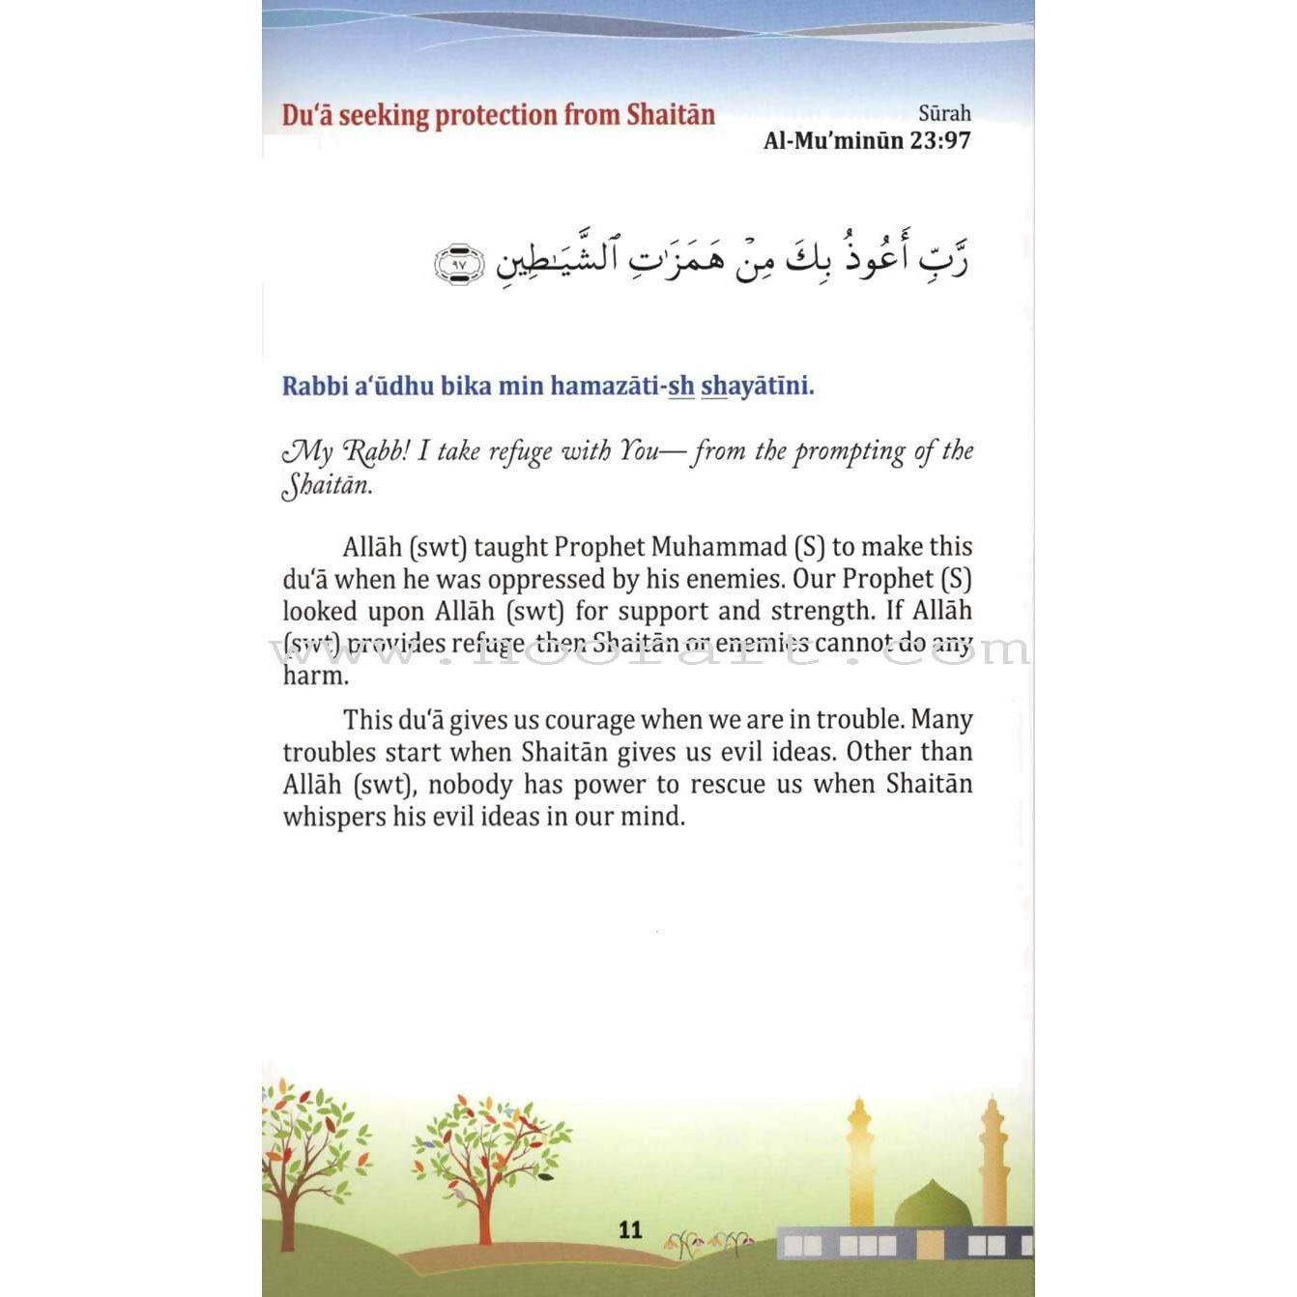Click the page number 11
coord(630,1229)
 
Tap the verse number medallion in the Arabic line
coord(459,264)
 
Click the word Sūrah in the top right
coord(944,113)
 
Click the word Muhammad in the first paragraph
coord(719,547)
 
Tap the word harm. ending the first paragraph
coord(315,676)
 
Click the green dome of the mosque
coord(931,1206)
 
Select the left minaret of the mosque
coord(859,1160)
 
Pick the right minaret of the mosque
coord(994,1160)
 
